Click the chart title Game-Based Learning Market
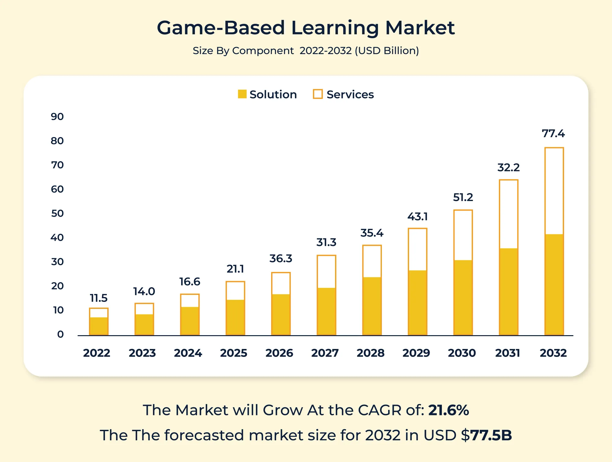tap(306, 28)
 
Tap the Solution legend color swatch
tap(242, 94)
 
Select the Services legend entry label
tap(350, 94)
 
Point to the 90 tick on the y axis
tap(57, 116)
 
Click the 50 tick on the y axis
tap(57, 213)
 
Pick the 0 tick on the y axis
tap(60, 334)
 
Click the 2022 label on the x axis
tap(96, 353)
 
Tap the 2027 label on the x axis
tap(325, 353)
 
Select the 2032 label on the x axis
tap(553, 353)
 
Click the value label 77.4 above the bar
tap(553, 134)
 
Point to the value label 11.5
tap(99, 298)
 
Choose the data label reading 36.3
tap(281, 258)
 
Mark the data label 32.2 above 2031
tap(508, 167)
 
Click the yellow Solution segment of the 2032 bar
tap(554, 284)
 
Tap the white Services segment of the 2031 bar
tap(509, 214)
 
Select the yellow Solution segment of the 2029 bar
tap(417, 302)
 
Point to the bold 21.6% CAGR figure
tap(448, 410)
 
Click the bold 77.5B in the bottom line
tap(491, 435)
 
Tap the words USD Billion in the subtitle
tap(386, 51)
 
